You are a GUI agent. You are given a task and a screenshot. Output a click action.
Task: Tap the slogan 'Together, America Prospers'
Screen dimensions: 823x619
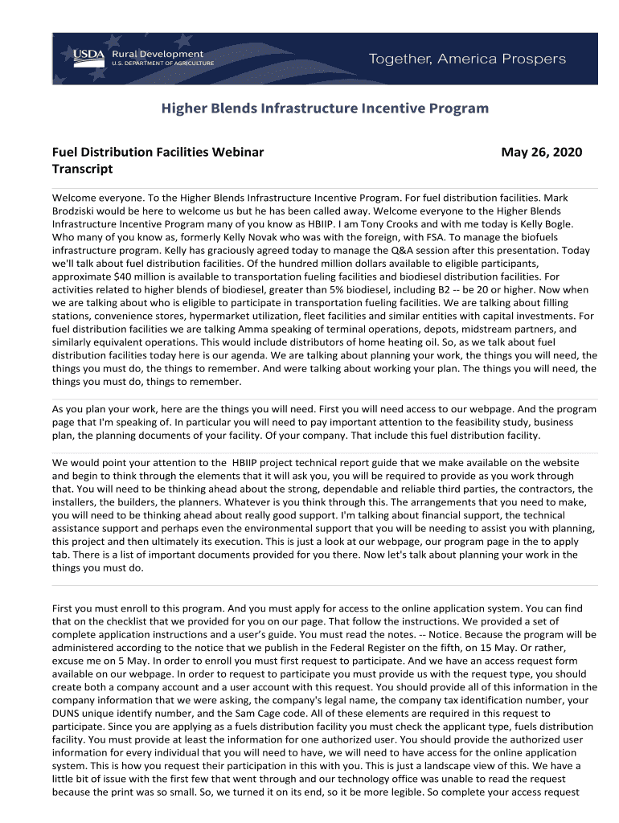tap(467, 59)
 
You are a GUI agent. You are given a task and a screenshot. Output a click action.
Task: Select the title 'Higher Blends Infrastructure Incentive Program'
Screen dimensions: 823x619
tap(325, 108)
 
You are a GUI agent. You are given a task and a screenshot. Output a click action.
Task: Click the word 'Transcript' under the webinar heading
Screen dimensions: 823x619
tap(82, 169)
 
